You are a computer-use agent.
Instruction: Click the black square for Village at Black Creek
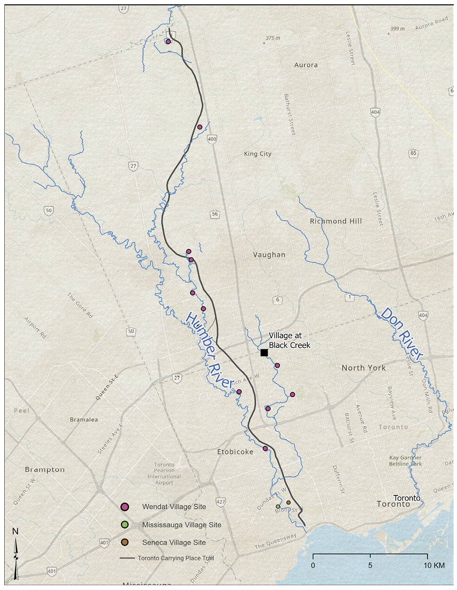click(264, 353)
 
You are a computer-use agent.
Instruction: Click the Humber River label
click(210, 351)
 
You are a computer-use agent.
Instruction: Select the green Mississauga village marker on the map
click(278, 506)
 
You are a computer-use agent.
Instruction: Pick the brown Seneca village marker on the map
click(288, 502)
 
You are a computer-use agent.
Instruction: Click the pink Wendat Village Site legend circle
click(124, 507)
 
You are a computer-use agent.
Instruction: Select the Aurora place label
click(306, 65)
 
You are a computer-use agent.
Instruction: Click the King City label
click(257, 154)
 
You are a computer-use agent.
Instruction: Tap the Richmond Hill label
click(336, 221)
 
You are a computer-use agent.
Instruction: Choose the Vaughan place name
click(269, 255)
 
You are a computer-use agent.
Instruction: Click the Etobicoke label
click(235, 452)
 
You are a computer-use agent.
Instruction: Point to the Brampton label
click(44, 470)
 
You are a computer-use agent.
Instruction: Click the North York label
click(363, 368)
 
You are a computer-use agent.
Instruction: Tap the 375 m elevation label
click(272, 38)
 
